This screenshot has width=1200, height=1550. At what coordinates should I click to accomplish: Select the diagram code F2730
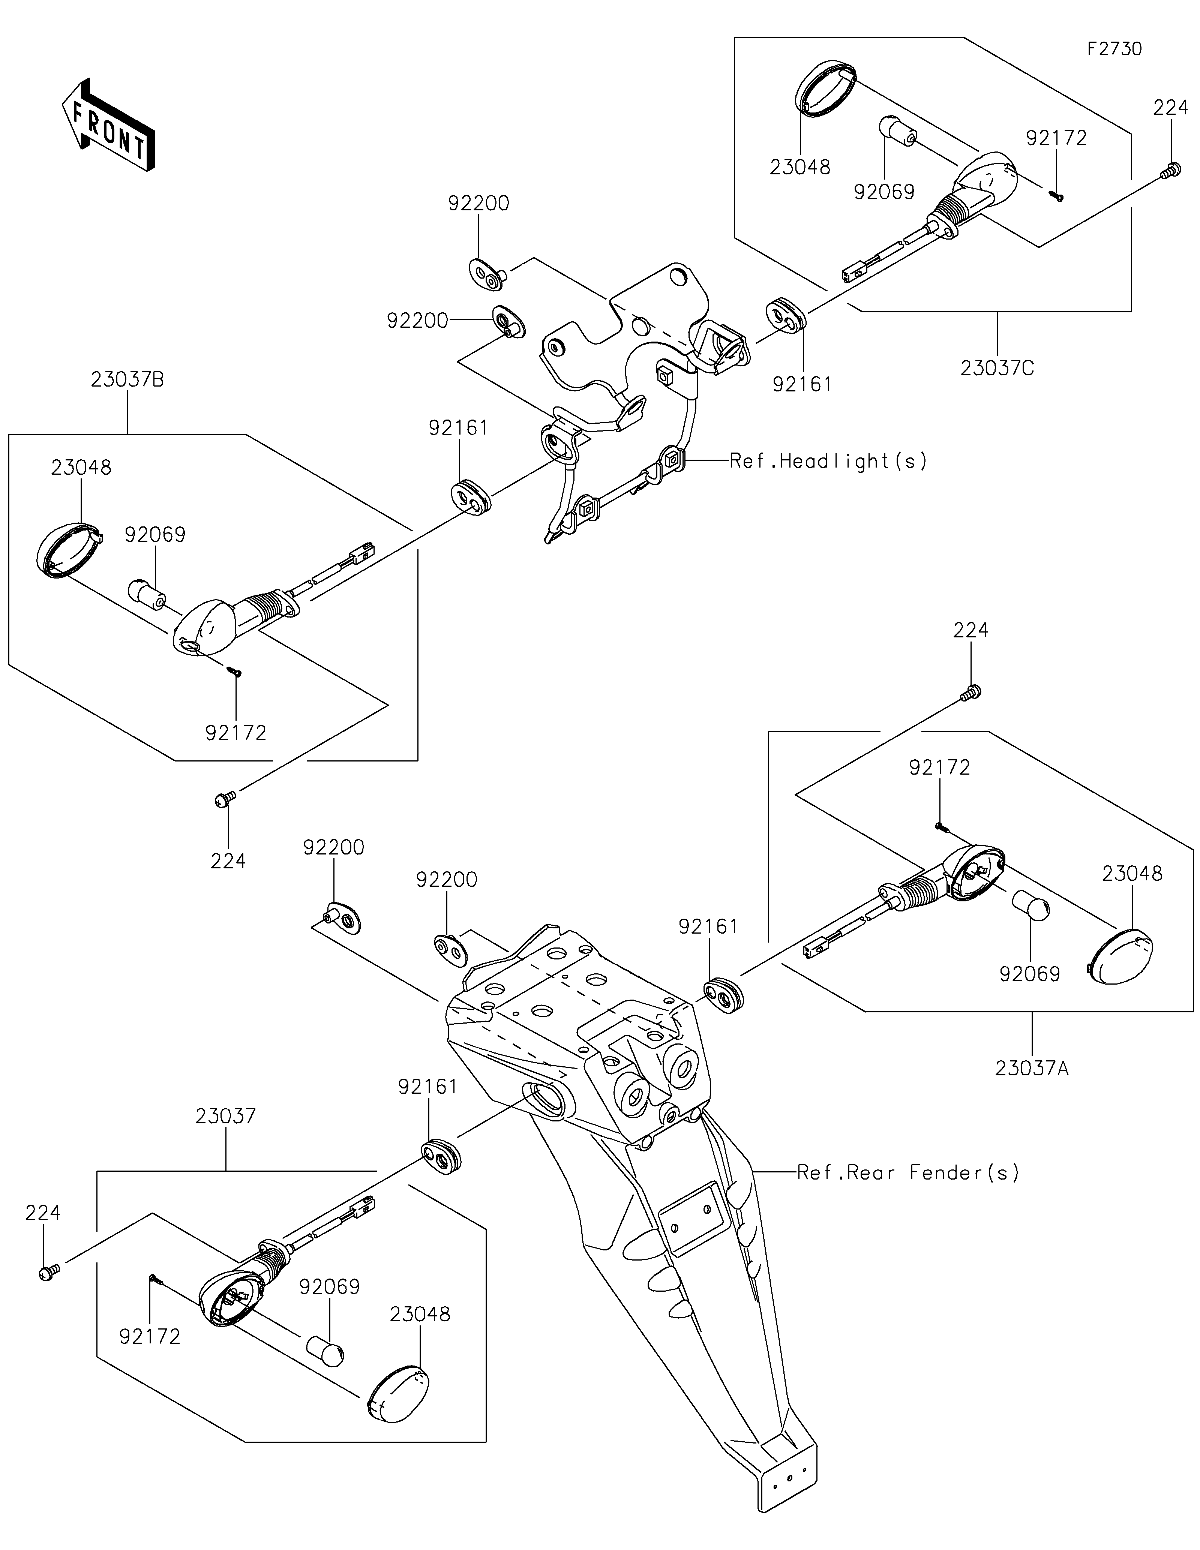[x=1115, y=49]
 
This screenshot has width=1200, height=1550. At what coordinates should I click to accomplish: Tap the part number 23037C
[x=997, y=368]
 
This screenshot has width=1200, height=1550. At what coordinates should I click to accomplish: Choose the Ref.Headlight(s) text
[x=828, y=461]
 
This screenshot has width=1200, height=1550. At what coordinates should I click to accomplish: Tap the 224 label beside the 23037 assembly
[x=43, y=1213]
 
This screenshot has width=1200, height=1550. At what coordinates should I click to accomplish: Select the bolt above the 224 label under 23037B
[x=224, y=800]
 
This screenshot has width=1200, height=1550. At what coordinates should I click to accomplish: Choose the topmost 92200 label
[x=478, y=204]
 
